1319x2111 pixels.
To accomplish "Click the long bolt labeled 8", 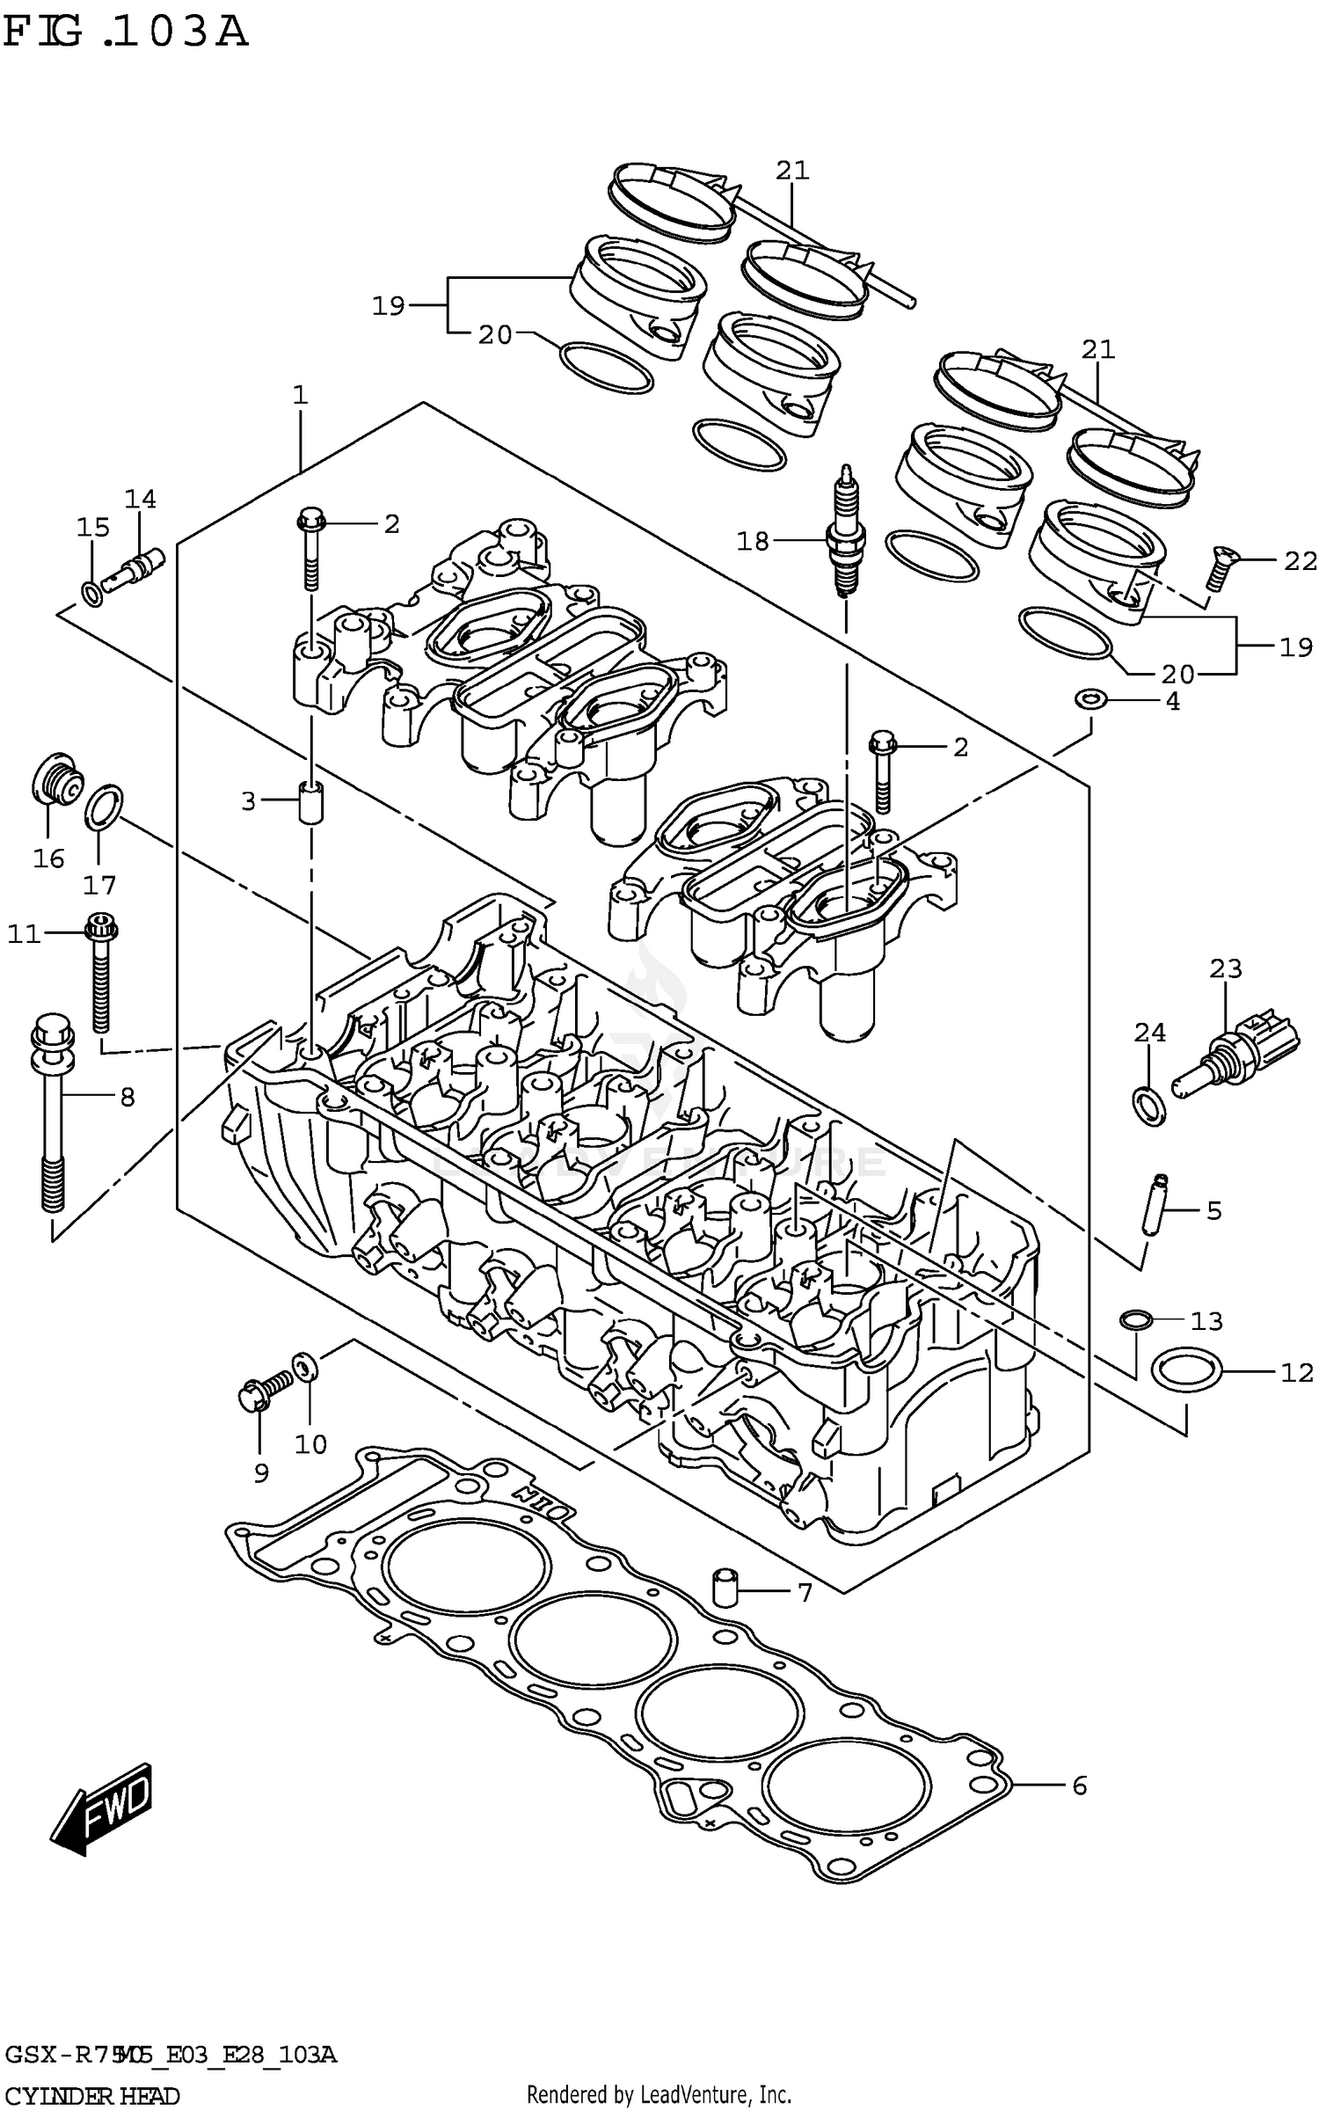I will (x=52, y=1114).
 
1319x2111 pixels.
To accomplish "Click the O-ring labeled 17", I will (x=104, y=807).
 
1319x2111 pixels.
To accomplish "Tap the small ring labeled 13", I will (x=1135, y=1318).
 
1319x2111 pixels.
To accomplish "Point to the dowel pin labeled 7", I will (x=723, y=1587).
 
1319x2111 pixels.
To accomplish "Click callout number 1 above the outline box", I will (x=301, y=395).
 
